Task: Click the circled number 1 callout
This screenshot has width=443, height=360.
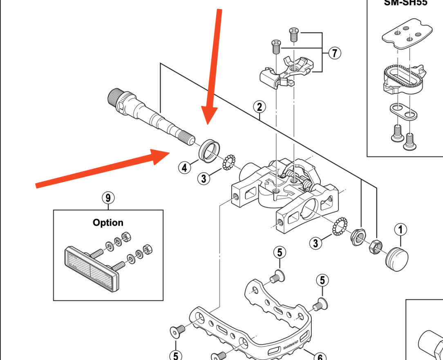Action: click(400, 230)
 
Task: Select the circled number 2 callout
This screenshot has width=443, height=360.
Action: click(259, 107)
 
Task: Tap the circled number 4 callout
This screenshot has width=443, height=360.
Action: click(184, 167)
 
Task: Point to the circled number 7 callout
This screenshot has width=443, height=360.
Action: click(334, 53)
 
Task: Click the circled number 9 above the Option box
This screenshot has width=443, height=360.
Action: click(108, 198)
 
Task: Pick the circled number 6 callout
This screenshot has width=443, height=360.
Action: click(320, 356)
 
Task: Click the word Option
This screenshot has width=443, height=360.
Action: click(108, 223)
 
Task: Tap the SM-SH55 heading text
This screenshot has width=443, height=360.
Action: click(405, 3)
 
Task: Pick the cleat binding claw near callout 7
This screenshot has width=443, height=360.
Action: click(288, 71)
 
